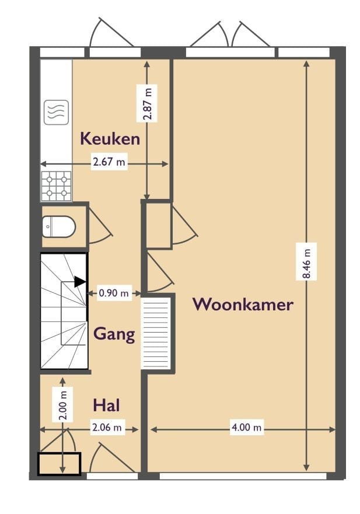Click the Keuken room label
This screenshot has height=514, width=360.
[x=110, y=139]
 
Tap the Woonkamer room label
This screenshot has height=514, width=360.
[x=243, y=304]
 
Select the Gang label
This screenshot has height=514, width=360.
[x=114, y=334]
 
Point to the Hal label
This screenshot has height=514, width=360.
[x=107, y=404]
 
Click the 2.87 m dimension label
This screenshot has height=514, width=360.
[x=147, y=103]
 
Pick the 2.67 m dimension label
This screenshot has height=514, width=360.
[x=109, y=163]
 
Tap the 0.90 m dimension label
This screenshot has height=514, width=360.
[x=114, y=293]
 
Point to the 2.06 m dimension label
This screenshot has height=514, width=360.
[x=108, y=428]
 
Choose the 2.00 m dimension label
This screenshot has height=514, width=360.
[x=63, y=404]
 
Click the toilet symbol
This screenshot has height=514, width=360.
[x=60, y=226]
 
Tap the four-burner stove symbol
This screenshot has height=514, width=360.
[x=56, y=186]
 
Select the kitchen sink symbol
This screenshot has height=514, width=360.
[x=56, y=112]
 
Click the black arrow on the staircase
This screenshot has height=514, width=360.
[x=80, y=282]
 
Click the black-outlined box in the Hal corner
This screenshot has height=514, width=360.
[x=59, y=464]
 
